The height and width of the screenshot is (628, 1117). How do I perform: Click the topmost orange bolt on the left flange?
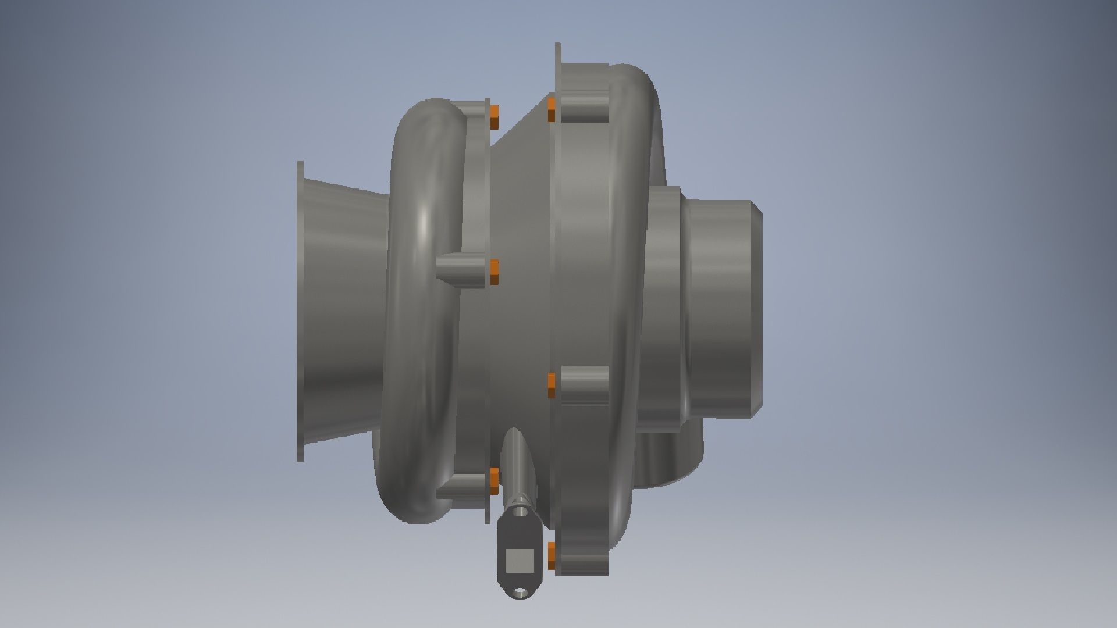(x=494, y=117)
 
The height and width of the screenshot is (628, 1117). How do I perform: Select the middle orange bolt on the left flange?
(x=494, y=272)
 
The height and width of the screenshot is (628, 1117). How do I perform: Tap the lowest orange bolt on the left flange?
(x=494, y=480)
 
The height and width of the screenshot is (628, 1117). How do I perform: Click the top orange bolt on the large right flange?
(x=552, y=110)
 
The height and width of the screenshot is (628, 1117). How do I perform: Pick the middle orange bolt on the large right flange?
(x=552, y=385)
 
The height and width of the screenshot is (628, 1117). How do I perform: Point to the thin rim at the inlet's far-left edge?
(x=300, y=311)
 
